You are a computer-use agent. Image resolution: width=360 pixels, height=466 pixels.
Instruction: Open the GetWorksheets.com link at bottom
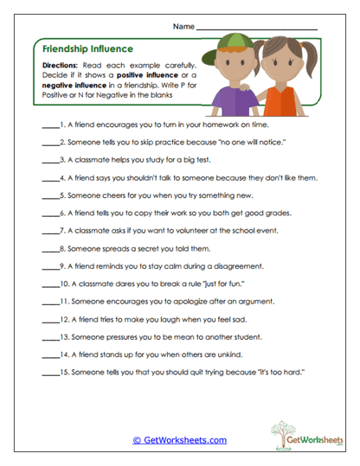[179, 440]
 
